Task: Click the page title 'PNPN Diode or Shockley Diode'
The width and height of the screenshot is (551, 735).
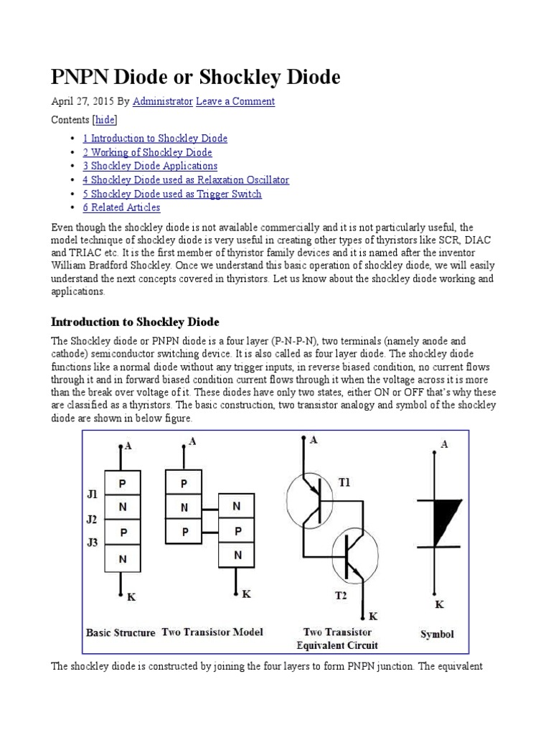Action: coord(195,77)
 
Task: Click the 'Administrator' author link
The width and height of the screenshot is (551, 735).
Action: coord(162,102)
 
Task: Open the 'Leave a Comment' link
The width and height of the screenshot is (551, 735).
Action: coord(235,102)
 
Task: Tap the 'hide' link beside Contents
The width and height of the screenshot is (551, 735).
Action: coord(105,120)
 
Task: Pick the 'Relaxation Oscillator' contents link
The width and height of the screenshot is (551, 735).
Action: coord(185,180)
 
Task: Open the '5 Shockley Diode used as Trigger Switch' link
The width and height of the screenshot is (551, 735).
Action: coord(171,194)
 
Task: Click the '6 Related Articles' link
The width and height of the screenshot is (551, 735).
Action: coord(121,207)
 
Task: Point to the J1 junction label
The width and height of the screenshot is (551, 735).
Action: coord(93,495)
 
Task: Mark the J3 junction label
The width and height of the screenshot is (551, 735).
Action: coord(93,543)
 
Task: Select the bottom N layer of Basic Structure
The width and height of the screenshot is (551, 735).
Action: coord(123,558)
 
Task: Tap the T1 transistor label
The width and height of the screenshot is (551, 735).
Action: coord(345,483)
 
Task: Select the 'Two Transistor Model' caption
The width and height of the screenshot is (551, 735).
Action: coord(212,632)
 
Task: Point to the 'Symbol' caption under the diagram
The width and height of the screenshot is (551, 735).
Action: coord(436,635)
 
